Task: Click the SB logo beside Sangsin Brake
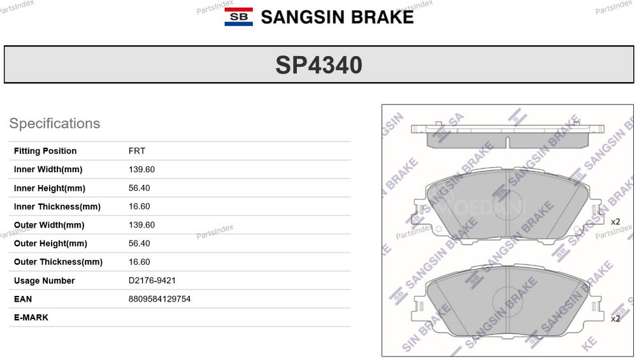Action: click(x=238, y=17)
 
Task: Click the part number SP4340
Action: click(x=319, y=65)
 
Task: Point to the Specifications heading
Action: click(x=54, y=123)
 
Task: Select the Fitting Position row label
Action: click(x=45, y=151)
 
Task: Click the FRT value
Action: click(x=137, y=151)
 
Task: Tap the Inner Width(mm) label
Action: click(x=48, y=169)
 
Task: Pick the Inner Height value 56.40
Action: click(x=140, y=188)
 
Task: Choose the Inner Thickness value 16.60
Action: click(x=140, y=207)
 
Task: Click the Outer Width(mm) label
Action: click(x=49, y=225)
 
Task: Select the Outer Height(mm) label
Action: click(x=50, y=244)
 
